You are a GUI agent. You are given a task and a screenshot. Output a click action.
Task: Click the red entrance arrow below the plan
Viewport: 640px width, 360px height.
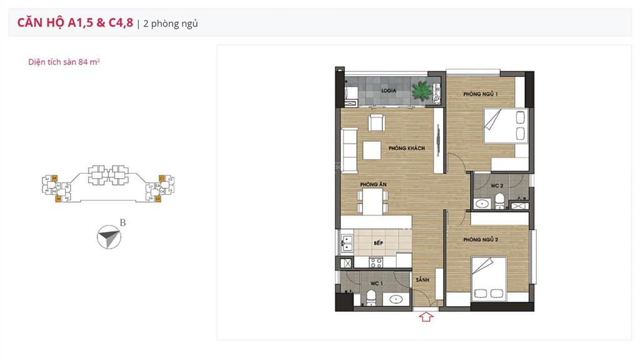tap(426, 317)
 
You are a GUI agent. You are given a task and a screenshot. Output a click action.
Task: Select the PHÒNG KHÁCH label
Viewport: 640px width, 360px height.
tap(406, 148)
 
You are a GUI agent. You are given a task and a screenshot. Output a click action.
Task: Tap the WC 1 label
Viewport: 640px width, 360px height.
tap(376, 283)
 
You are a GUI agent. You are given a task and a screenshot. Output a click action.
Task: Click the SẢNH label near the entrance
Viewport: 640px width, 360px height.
tap(422, 281)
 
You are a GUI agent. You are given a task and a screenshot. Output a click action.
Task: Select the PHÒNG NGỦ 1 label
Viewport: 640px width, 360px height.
tap(480, 94)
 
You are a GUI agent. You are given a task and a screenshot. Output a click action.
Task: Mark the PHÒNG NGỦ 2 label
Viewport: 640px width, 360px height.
tap(480, 239)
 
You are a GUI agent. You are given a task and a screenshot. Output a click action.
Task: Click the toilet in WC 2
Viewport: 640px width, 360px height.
tap(499, 201)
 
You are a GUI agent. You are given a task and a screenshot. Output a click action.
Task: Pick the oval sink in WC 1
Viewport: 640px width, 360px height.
tap(396, 300)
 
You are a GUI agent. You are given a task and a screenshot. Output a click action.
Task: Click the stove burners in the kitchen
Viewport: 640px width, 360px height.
tap(376, 262)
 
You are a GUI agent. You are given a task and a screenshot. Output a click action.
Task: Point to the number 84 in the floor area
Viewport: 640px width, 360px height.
tap(83, 62)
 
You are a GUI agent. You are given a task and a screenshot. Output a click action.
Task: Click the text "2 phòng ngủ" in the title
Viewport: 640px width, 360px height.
tap(171, 24)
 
